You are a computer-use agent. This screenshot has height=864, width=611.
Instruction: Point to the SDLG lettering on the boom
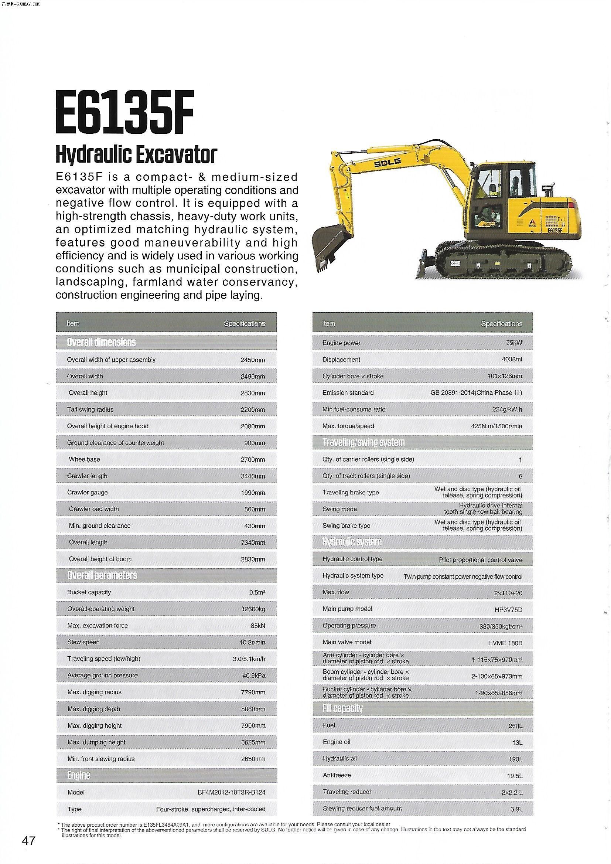387,163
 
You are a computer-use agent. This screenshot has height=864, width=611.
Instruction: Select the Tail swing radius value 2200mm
253,410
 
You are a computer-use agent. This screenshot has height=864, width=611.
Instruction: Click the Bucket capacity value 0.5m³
257,592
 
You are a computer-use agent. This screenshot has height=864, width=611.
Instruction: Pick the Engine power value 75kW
514,343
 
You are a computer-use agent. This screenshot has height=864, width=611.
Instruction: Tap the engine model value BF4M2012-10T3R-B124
231,793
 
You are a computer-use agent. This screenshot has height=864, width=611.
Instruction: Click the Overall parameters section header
102,575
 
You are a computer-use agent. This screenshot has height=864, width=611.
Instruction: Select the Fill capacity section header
342,708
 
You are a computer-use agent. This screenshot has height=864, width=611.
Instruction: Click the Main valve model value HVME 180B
505,643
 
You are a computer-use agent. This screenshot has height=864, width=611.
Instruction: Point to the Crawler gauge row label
87,492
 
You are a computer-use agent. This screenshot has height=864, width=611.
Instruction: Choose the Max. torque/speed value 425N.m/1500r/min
496,426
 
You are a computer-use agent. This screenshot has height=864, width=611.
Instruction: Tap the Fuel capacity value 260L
515,726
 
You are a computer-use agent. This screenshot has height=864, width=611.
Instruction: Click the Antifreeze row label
337,775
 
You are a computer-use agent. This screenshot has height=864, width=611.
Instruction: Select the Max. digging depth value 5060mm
253,709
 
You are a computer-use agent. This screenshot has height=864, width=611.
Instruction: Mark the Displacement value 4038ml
512,359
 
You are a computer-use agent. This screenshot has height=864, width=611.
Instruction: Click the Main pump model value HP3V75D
508,610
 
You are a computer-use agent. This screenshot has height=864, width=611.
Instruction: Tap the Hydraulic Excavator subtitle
136,154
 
